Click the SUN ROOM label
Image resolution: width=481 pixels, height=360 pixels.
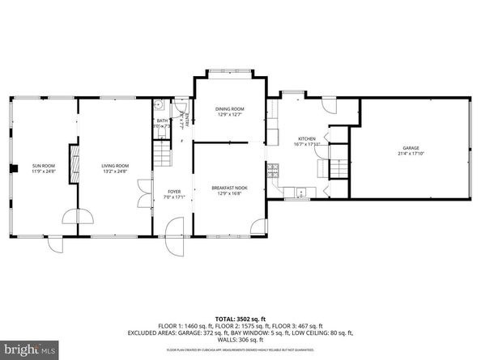pos(43,165)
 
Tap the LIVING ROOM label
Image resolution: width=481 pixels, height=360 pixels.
pos(115,165)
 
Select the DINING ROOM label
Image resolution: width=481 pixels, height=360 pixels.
pos(229,109)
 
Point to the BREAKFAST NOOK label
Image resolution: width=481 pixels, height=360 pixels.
pos(229,188)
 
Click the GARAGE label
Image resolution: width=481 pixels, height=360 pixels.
pos(411,148)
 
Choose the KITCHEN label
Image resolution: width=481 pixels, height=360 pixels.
pos(306,138)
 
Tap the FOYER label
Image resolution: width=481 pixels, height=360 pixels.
pos(174,192)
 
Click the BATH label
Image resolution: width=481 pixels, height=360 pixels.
pos(162,121)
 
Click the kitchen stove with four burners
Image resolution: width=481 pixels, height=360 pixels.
pos(274,170)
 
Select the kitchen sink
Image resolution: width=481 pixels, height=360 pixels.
pos(301,193)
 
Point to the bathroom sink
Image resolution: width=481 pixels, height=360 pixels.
pos(160,104)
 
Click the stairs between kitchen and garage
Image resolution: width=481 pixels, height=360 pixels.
pos(340,167)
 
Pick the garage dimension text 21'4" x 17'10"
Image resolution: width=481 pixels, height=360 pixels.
pos(411,154)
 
